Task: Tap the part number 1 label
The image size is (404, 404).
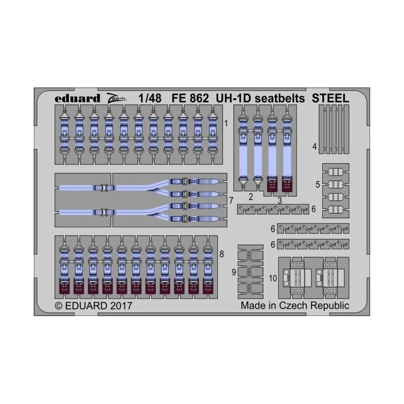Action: point(226,124)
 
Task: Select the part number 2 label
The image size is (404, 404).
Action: point(250,197)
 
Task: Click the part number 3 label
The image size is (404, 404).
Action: point(279,201)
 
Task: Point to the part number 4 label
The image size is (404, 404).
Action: point(314,146)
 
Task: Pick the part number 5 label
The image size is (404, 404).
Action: point(317,184)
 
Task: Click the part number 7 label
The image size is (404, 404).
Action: point(231,201)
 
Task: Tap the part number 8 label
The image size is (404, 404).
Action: point(222,254)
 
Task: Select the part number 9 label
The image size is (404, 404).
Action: point(234,272)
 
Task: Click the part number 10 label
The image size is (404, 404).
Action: point(273,278)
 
